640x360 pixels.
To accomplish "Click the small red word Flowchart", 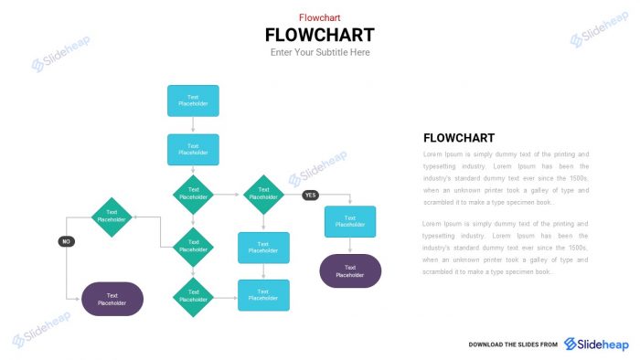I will click(x=319, y=16).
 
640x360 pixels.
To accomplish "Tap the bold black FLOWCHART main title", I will click(x=319, y=35).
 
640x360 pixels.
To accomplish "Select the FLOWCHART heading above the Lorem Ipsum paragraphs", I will click(x=459, y=138).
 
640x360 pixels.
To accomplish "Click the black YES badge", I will click(x=310, y=195).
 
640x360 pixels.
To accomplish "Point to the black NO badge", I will click(x=66, y=241).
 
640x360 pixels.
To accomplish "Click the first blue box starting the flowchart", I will click(x=193, y=101).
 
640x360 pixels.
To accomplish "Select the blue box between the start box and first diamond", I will click(x=193, y=150).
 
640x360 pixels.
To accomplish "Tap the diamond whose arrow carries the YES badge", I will click(x=263, y=195).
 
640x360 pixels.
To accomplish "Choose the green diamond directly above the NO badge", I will click(x=112, y=217).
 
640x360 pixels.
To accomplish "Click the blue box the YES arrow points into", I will click(x=349, y=221).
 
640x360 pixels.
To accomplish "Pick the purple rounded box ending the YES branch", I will click(x=349, y=271).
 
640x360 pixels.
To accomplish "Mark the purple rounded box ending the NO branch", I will click(x=112, y=299).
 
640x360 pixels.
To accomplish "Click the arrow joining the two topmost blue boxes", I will click(x=193, y=125).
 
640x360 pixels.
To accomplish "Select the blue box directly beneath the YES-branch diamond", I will click(x=263, y=247).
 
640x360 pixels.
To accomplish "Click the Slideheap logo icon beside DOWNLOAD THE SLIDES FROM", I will click(x=571, y=344).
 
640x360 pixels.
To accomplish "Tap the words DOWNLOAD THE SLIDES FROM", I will click(x=512, y=344).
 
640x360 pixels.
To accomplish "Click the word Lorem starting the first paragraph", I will click(x=432, y=154).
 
